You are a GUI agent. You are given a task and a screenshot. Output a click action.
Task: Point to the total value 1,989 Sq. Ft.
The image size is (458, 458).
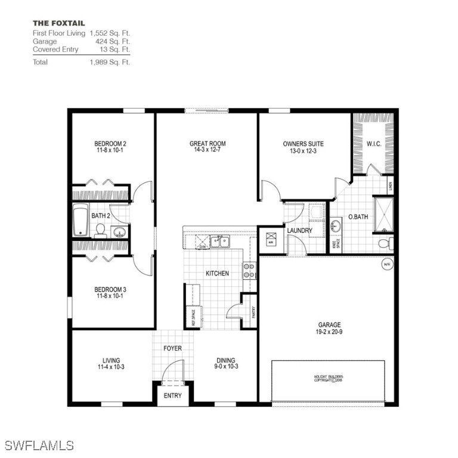[x=110, y=61]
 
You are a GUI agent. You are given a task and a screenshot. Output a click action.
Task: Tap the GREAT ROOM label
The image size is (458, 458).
[x=208, y=144]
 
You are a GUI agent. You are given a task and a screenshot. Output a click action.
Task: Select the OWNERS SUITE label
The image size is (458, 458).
[x=303, y=144]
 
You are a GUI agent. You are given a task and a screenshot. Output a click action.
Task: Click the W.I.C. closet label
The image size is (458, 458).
[x=374, y=144]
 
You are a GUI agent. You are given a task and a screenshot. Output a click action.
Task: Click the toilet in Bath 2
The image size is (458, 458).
[x=100, y=230]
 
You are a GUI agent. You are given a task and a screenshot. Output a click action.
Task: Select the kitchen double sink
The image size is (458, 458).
[x=221, y=242]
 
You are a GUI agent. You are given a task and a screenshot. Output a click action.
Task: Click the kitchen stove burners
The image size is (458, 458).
[x=248, y=271]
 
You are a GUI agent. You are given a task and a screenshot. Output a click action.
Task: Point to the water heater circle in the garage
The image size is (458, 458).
[x=387, y=264]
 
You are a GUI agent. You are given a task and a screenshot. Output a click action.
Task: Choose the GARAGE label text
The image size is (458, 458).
[x=329, y=325]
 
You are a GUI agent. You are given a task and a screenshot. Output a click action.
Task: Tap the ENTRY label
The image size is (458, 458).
[x=172, y=396]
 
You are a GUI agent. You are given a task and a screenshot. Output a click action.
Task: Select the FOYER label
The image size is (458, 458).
[x=172, y=348]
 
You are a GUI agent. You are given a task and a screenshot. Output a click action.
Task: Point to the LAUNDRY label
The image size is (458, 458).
[x=299, y=231]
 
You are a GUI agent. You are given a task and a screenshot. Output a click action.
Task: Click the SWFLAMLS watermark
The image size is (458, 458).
[x=39, y=445]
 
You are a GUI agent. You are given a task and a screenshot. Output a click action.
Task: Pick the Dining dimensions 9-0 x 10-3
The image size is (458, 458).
[x=225, y=367]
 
